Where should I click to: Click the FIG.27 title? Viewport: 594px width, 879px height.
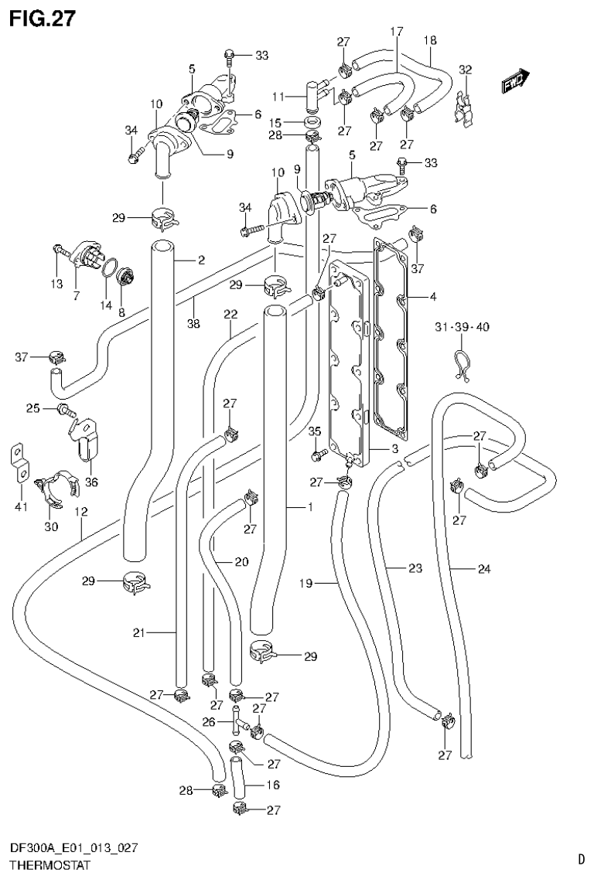pyautogui.click(x=43, y=18)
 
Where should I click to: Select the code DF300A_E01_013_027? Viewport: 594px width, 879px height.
pyautogui.click(x=74, y=849)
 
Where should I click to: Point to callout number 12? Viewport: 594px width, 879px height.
pyautogui.click(x=80, y=512)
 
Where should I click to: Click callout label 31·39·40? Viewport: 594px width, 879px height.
pyautogui.click(x=461, y=327)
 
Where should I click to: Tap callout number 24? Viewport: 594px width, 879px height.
pyautogui.click(x=483, y=571)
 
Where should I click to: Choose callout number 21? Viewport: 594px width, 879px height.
pyautogui.click(x=138, y=633)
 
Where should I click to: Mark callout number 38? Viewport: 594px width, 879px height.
pyautogui.click(x=193, y=324)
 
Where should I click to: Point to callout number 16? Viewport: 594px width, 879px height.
pyautogui.click(x=274, y=785)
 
